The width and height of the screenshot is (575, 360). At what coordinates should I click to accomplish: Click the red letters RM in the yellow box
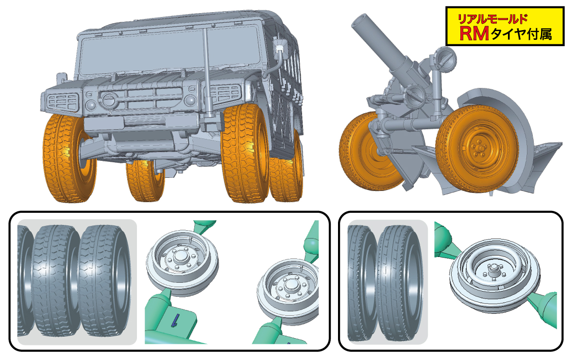click(x=474, y=34)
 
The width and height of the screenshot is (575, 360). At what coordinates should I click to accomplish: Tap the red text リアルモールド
click(x=493, y=19)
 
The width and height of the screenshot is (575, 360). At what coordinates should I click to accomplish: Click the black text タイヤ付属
click(x=521, y=34)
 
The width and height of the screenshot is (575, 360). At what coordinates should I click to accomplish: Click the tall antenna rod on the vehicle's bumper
click(x=207, y=73)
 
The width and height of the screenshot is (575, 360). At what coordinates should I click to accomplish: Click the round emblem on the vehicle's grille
click(x=109, y=99)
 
